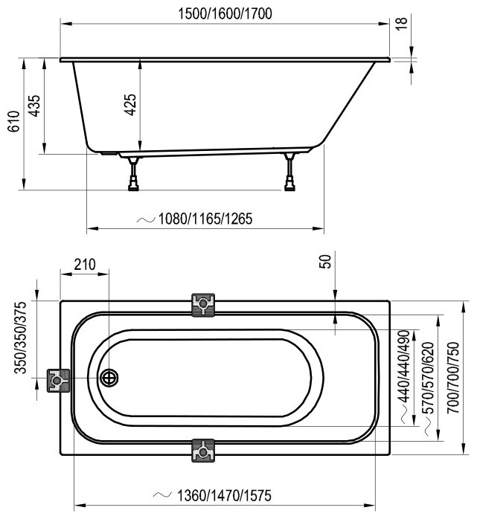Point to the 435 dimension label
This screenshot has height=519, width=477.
[x=33, y=106]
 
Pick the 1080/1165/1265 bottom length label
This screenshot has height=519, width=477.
[x=205, y=219]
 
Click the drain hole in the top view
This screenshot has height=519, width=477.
[x=110, y=378]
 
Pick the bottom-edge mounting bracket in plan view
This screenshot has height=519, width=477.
[x=203, y=451]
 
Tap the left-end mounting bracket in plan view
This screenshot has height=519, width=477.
[x=57, y=381]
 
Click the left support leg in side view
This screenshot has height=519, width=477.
[x=134, y=173]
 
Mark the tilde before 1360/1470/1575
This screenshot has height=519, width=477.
[x=159, y=495]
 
